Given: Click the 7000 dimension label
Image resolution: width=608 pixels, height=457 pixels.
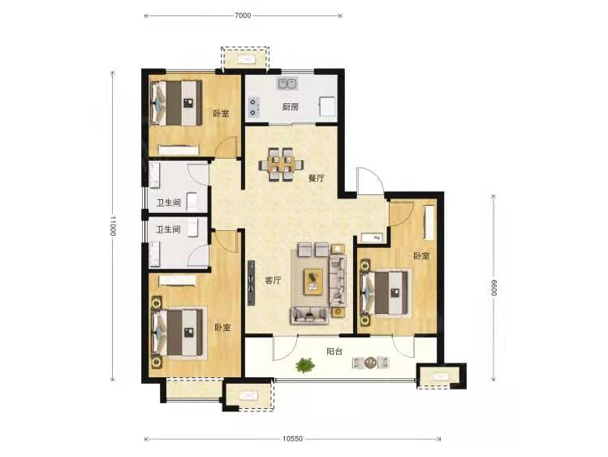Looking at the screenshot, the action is (244, 15).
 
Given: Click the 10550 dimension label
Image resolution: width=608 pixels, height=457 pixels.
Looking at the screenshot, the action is (292, 439).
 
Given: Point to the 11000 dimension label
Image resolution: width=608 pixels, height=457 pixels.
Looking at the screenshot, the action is (113, 226).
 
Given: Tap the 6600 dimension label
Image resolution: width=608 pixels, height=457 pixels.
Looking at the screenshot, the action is (494, 287).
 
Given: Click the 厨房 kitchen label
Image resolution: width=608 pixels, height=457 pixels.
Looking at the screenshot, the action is (290, 107).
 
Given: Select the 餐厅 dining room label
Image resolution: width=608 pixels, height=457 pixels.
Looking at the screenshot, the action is (317, 179).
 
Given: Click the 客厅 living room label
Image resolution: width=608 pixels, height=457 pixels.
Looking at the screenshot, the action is (273, 281).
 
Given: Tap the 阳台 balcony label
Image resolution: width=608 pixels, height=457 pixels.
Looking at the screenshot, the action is (334, 352).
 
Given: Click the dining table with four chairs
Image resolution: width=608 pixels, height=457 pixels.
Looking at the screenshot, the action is (281, 164).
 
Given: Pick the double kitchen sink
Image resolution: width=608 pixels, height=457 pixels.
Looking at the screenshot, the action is (287, 84).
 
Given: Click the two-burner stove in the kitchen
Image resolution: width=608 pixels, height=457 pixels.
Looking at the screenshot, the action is (253, 107).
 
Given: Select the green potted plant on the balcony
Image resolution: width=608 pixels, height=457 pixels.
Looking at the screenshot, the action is (305, 365).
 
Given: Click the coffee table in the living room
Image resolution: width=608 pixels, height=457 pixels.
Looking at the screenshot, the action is (313, 281).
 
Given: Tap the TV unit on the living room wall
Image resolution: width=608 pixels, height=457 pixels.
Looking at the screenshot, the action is (252, 283).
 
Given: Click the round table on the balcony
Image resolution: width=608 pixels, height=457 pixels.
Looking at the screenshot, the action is (371, 362).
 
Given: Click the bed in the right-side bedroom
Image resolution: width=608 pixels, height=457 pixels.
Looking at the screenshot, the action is (385, 293).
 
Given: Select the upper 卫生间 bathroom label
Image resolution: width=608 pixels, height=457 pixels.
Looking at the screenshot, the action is (169, 202).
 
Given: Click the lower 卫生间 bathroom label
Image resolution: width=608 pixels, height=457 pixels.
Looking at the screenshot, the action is (168, 230).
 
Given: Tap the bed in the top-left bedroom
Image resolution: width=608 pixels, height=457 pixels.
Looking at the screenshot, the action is (176, 103).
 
